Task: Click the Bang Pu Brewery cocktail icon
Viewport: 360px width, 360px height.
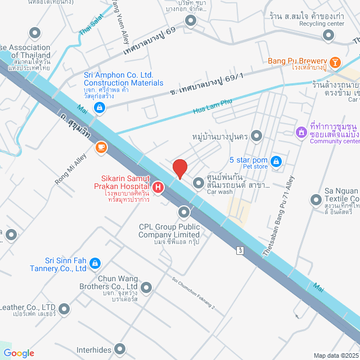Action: point(335,61)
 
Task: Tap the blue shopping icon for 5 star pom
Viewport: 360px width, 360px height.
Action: point(276,161)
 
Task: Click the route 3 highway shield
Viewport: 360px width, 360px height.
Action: point(240,250)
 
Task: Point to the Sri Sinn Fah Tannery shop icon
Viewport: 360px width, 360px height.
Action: point(95,263)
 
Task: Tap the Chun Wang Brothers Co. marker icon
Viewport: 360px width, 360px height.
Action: point(146,289)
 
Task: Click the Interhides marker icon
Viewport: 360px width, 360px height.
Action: point(119,350)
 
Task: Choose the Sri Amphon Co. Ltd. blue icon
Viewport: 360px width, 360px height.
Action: point(99,107)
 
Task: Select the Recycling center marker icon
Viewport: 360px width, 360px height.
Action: point(328,35)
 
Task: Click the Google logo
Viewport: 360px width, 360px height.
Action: point(20,353)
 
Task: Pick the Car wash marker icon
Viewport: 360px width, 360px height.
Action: point(199,183)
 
